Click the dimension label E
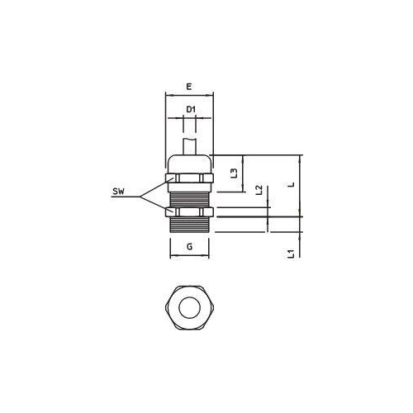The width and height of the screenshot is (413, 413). pyautogui.click(x=189, y=86)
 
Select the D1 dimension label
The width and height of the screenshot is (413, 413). pyautogui.click(x=190, y=108)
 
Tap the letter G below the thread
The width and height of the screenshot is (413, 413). pyautogui.click(x=189, y=247)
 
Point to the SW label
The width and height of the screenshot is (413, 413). pyautogui.click(x=119, y=192)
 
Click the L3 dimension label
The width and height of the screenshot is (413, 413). pyautogui.click(x=234, y=173)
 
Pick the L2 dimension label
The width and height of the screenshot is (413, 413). pyautogui.click(x=259, y=190)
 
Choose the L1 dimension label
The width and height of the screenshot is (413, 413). pyautogui.click(x=291, y=254)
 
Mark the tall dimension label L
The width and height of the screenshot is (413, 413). pyautogui.click(x=291, y=186)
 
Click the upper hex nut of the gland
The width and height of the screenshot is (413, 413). pyautogui.click(x=190, y=178)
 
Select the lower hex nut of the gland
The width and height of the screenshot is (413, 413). pyautogui.click(x=190, y=214)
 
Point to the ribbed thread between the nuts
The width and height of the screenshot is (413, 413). pyautogui.click(x=190, y=196)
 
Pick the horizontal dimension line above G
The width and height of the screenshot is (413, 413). pyautogui.click(x=190, y=256)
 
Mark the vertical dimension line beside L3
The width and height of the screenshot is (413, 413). pyautogui.click(x=243, y=173)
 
